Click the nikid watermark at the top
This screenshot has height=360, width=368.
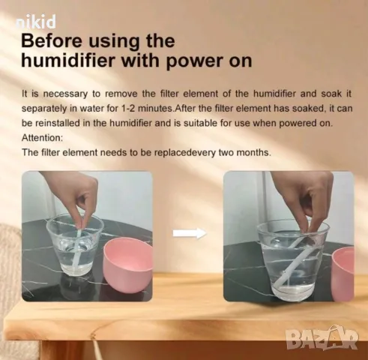pyautogui.click(x=36, y=22)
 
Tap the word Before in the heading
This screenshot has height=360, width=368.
pyautogui.click(x=51, y=41)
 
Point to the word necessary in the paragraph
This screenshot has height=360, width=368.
pyautogui.click(x=65, y=94)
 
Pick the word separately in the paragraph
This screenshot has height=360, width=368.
pyautogui.click(x=44, y=109)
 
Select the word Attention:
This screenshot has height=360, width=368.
pyautogui.click(x=42, y=138)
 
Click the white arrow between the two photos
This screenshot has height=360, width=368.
pyautogui.click(x=190, y=233)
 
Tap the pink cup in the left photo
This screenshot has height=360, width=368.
pyautogui.click(x=127, y=264)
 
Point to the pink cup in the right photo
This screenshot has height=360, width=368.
pyautogui.click(x=343, y=274)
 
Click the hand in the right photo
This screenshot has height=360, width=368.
pyautogui.click(x=305, y=199)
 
